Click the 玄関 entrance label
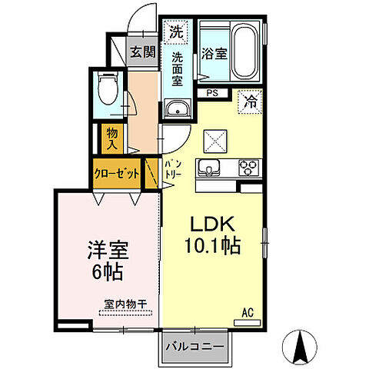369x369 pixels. (143, 53)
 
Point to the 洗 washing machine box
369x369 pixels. (176, 32)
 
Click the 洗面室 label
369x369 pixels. (177, 67)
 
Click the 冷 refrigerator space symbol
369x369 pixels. (251, 99)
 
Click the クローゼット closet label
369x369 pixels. (117, 174)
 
